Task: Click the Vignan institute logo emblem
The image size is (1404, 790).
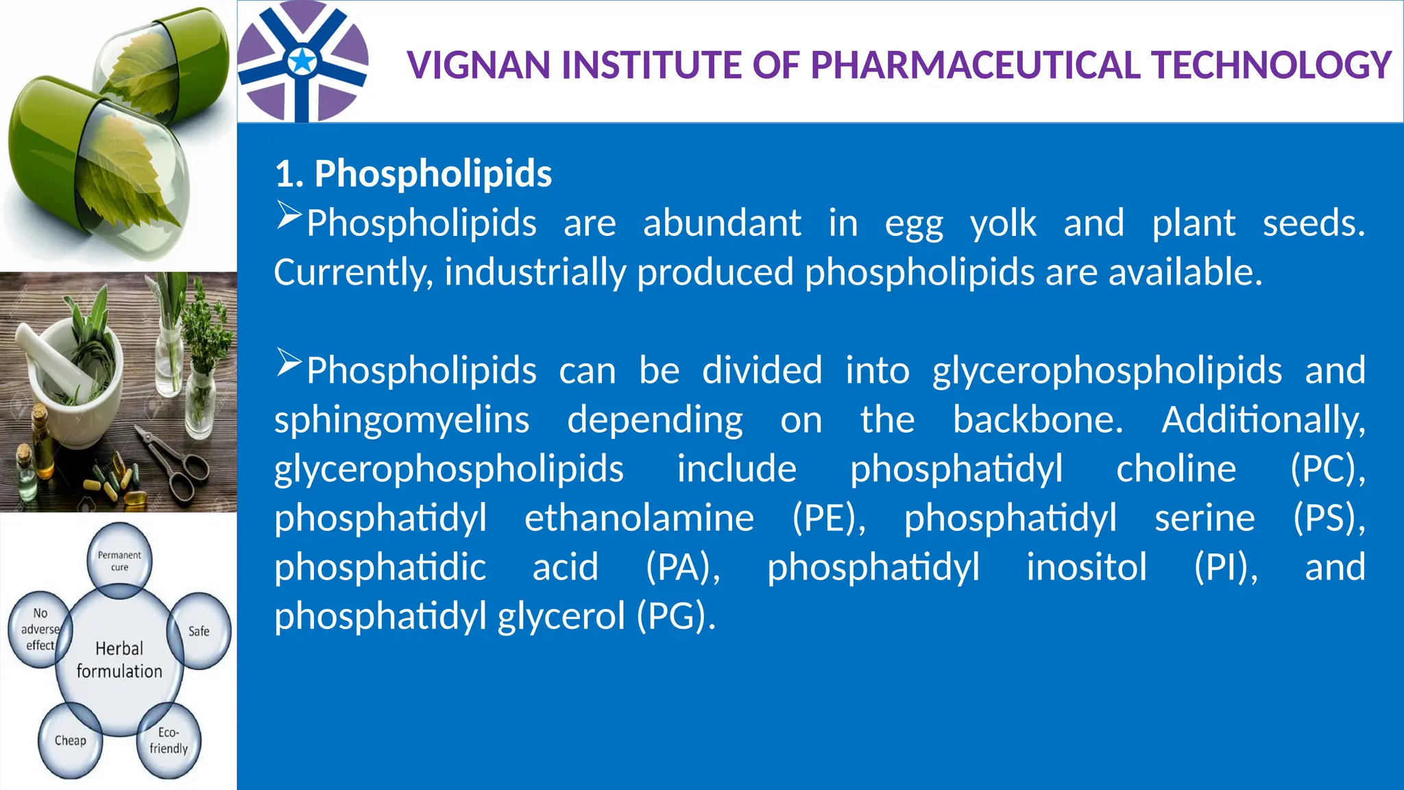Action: pos(302,62)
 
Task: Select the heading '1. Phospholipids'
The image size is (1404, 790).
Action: pos(413,173)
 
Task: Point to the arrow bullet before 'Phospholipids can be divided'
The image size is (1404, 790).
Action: pos(289,363)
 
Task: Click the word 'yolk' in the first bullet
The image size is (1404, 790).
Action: pos(1003,224)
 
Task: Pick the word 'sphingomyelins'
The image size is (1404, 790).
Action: pos(402,420)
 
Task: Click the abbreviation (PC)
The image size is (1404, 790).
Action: pos(1327,469)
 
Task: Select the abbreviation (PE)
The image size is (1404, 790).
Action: pos(829,518)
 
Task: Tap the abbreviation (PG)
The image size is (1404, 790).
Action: pos(676,616)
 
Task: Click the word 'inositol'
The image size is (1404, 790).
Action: pos(1086,567)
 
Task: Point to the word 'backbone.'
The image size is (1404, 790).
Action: pos(1038,420)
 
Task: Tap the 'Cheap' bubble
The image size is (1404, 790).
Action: pos(70,741)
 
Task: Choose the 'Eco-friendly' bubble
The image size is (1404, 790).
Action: pos(169,741)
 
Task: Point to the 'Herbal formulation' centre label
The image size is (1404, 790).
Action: pos(119,660)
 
